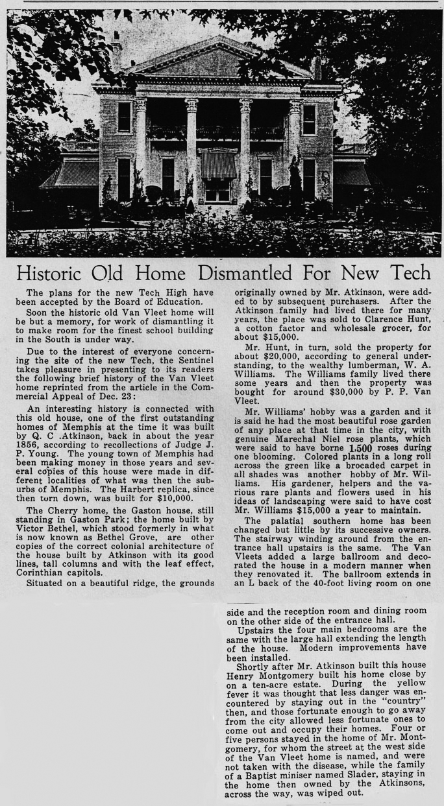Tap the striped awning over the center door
pos(218,165)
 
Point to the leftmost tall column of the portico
pos(140,149)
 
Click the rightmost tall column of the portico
pos(295,149)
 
